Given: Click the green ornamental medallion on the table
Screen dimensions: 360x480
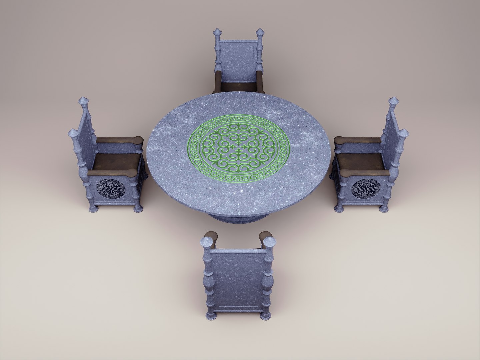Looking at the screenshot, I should click(x=239, y=149).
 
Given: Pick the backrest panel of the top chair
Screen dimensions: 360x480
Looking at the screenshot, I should click(x=238, y=62).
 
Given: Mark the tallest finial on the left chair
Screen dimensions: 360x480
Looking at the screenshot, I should click(x=83, y=102).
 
